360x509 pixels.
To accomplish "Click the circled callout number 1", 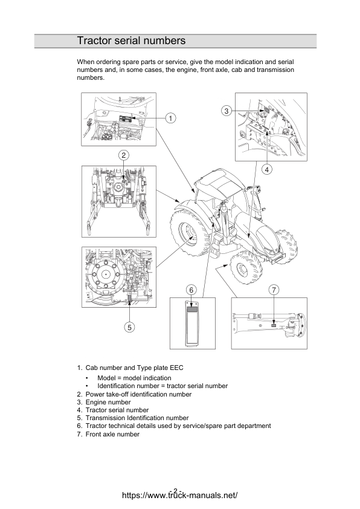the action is [170, 118].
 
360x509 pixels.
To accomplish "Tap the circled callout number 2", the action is [124, 155].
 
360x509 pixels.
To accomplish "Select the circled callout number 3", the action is [227, 111].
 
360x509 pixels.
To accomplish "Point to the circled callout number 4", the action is [266, 169].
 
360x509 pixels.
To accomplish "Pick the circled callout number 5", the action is [129, 327].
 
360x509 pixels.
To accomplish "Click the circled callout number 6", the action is [191, 290].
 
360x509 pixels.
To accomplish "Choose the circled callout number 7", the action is [274, 290].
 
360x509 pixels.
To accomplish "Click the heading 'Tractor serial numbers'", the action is [131, 41].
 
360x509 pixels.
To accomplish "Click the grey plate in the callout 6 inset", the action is [192, 309].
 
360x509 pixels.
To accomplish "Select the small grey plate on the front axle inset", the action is [274, 325].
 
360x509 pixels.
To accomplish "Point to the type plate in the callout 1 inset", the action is [126, 118].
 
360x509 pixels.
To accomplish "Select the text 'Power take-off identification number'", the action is [138, 394].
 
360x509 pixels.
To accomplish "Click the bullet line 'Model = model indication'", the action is [134, 378].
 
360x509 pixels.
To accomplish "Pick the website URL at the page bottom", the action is [179, 495].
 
